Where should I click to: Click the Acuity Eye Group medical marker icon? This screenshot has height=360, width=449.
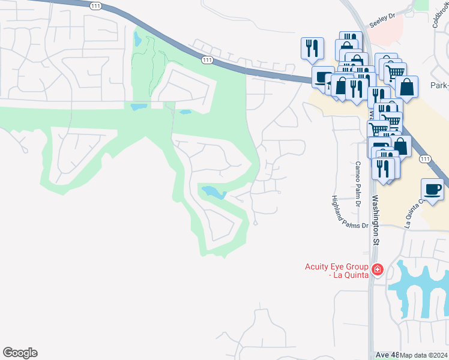pos(377,269)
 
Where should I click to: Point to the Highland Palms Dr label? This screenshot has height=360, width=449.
pos(350,212)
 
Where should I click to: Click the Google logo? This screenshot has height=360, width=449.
pos(20,353)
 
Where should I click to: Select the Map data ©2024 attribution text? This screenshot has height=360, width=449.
pos(424,355)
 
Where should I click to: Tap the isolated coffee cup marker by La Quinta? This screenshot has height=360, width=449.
pos(433,190)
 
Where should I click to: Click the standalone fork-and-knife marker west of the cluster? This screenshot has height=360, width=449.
pos(312,48)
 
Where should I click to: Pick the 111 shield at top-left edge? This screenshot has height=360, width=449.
pos(95,5)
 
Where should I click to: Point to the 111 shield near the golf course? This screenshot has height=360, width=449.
pos(207,60)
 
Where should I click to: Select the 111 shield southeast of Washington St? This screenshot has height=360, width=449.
pos(425,158)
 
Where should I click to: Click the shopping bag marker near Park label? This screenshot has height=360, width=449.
pos(407,86)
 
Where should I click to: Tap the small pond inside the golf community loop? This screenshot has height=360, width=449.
pos(213,193)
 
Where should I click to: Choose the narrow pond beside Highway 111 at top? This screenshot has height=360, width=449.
pos(138,40)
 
